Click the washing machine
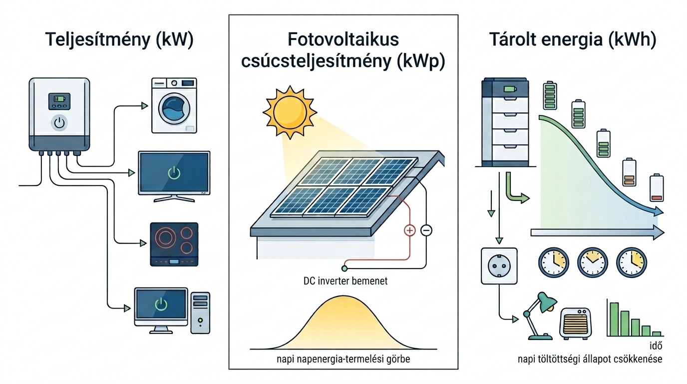point(174,105)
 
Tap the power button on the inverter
point(59,122)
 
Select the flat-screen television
point(174,176)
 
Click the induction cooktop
point(174,244)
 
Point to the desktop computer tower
point(200,312)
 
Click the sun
point(290,112)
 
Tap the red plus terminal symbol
point(410,230)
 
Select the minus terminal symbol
point(426,230)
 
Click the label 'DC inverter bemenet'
point(345,281)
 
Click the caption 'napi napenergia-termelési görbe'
point(343,359)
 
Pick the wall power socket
point(499,265)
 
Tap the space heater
point(576,323)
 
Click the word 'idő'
point(656,345)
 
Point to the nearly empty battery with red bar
point(657,187)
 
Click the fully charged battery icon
point(550,95)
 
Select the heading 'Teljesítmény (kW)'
point(119,40)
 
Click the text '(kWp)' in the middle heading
point(420,61)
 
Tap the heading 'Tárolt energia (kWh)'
point(573,39)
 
